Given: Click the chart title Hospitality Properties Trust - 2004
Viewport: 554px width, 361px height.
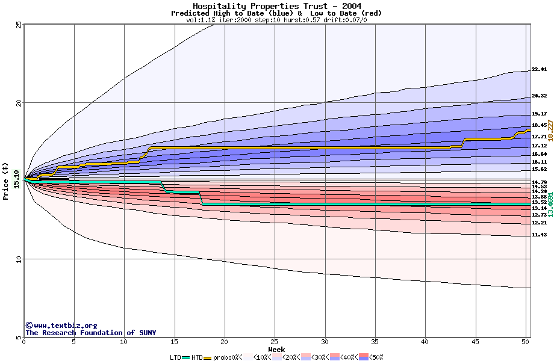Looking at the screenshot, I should (276, 5).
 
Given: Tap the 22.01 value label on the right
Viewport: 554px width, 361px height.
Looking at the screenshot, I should (539, 70).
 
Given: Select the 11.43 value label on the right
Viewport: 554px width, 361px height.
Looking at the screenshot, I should (539, 235).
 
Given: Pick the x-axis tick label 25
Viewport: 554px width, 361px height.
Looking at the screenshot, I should (275, 342).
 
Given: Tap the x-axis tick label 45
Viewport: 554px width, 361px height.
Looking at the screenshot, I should (475, 342).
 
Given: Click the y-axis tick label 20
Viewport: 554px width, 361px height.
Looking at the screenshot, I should (17, 103).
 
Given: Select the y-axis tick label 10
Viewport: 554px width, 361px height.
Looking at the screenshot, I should (17, 259).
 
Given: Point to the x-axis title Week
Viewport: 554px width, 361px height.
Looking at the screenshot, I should (276, 349).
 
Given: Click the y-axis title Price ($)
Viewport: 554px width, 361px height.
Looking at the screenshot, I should (6, 181).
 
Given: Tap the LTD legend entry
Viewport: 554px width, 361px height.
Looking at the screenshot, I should (176, 357).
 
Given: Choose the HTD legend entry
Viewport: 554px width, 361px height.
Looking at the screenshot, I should (197, 357).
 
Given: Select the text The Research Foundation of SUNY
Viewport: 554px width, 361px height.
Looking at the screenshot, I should (90, 333).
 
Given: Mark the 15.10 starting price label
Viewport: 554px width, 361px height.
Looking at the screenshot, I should (16, 179).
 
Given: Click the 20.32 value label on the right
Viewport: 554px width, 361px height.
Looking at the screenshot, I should (539, 96).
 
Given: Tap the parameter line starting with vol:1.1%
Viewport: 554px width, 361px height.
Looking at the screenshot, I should (276, 20).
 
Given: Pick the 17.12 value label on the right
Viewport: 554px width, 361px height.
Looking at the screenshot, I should (539, 146).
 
